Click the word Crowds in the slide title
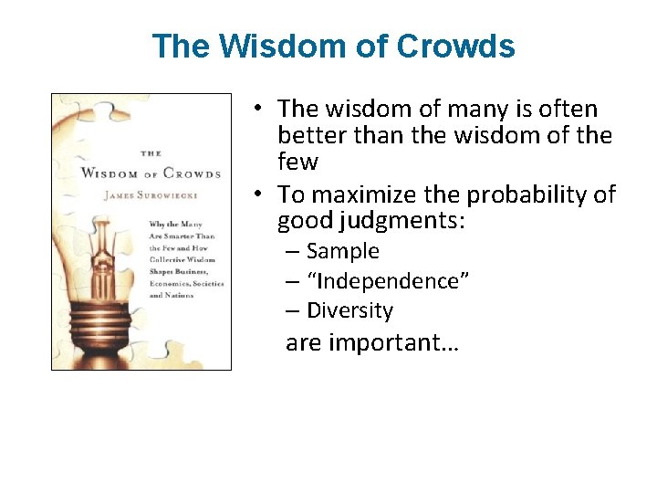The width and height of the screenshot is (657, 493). coord(456,46)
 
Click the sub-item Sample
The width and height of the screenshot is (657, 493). coord(342,251)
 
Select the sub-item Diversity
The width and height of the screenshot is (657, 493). coord(349,310)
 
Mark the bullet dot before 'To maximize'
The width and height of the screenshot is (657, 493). coord(259,194)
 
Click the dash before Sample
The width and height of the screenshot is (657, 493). coord(292,251)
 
